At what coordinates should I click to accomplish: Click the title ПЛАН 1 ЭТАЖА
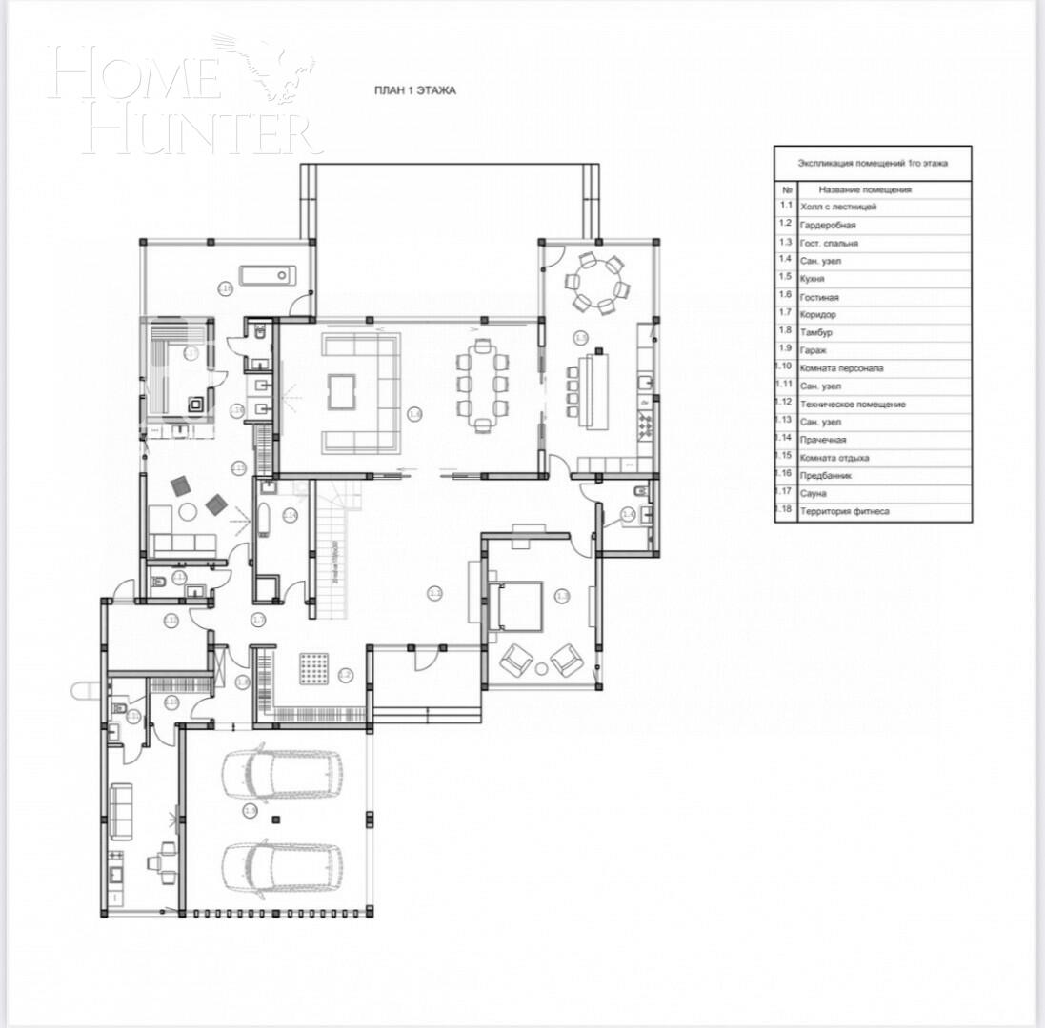[x=414, y=90]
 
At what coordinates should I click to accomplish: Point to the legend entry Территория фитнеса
[x=845, y=511]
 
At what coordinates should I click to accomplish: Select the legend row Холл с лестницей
[x=838, y=206]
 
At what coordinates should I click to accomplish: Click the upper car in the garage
[x=282, y=773]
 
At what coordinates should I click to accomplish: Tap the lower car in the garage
[x=282, y=865]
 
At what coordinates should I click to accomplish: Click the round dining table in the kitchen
[x=596, y=282]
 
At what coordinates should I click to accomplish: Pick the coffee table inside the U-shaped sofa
[x=341, y=391]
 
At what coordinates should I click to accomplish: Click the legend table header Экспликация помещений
[x=873, y=163]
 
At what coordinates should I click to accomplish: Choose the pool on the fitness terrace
[x=267, y=275]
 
